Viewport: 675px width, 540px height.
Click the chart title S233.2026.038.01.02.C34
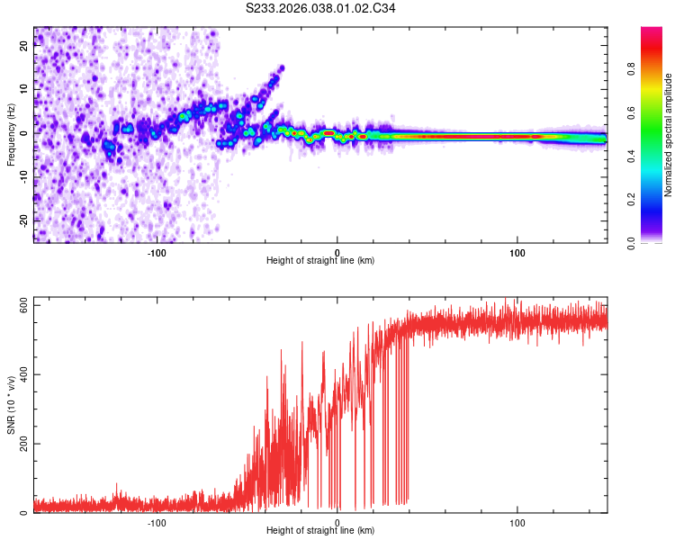[x=320, y=8]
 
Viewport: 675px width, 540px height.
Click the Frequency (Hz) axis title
[x=11, y=135]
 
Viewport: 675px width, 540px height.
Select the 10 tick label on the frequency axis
[x=24, y=90]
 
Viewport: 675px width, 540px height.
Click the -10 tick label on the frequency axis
[x=24, y=176]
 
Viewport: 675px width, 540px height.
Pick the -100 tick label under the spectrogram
[x=157, y=252]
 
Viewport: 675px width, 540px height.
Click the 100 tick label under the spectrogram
[x=517, y=252]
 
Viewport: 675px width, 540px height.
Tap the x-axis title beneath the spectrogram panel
[x=320, y=261]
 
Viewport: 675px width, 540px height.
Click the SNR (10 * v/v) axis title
[x=11, y=405]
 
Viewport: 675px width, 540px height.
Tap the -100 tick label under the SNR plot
[x=157, y=522]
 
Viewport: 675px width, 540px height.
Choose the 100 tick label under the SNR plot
[x=517, y=522]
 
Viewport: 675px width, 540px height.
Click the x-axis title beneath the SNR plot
[x=320, y=531]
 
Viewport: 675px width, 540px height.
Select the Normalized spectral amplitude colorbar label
[x=669, y=135]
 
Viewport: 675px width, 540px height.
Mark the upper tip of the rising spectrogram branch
[x=282, y=67]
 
